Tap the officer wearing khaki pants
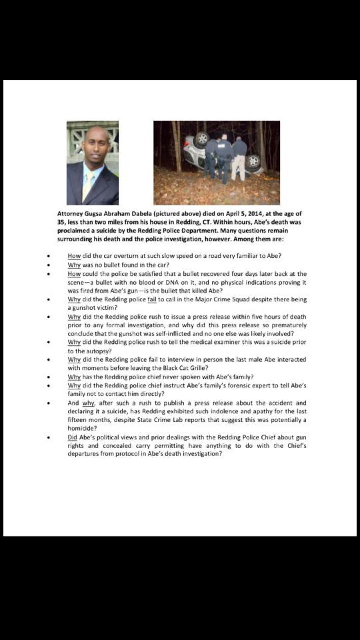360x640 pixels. point(239,160)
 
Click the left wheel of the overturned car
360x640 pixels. point(202,139)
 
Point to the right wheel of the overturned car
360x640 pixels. point(253,161)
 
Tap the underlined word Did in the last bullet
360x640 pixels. point(72,437)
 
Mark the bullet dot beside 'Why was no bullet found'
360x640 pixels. point(48,265)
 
